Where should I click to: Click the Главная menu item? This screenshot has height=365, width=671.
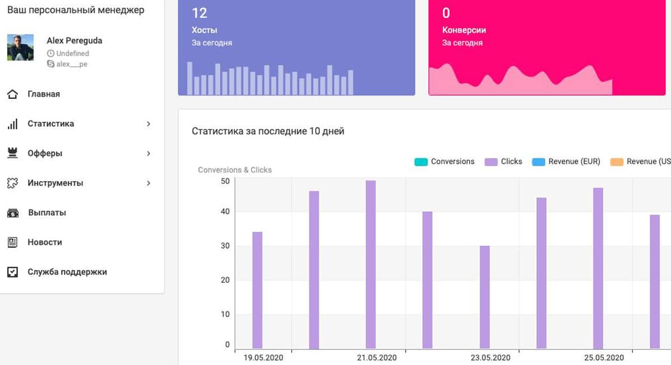44,94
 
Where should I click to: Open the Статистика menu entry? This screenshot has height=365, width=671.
50,124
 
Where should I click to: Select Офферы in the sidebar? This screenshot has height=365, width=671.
45,153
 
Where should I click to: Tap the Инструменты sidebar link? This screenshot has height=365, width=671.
55,183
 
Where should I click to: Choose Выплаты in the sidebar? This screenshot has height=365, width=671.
47,212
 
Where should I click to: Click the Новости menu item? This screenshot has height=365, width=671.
45,242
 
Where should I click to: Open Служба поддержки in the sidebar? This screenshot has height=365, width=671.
67,272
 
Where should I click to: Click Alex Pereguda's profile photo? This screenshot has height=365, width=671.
20,48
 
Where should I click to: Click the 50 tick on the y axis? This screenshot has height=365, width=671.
225,181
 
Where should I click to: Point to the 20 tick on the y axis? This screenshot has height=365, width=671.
225,280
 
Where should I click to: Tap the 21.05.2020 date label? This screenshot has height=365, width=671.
377,358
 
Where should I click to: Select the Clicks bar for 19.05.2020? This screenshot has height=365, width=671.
257,290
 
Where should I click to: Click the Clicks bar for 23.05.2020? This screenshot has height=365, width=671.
485,297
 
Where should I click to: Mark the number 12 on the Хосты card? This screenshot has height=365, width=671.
199,13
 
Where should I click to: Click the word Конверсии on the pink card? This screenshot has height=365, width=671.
464,30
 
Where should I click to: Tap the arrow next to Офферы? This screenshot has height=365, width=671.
149,153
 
